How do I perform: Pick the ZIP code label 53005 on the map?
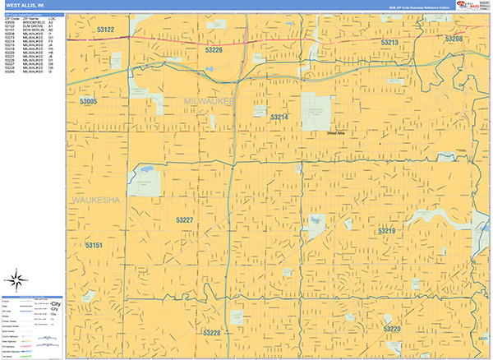coord(89,101)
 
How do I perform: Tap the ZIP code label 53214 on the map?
coord(279,118)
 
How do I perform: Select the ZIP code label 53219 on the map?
coord(387,231)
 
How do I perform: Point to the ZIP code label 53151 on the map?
coord(94,246)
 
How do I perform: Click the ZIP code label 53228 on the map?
coord(212,332)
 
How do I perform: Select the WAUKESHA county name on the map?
coord(96,200)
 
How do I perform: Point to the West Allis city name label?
coord(336,132)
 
